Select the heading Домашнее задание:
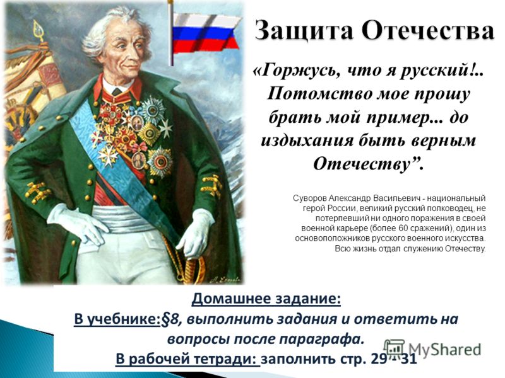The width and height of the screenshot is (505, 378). (x=266, y=299)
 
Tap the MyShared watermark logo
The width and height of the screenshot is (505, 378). (x=432, y=350)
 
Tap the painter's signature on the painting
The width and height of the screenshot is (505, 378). (x=225, y=280)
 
